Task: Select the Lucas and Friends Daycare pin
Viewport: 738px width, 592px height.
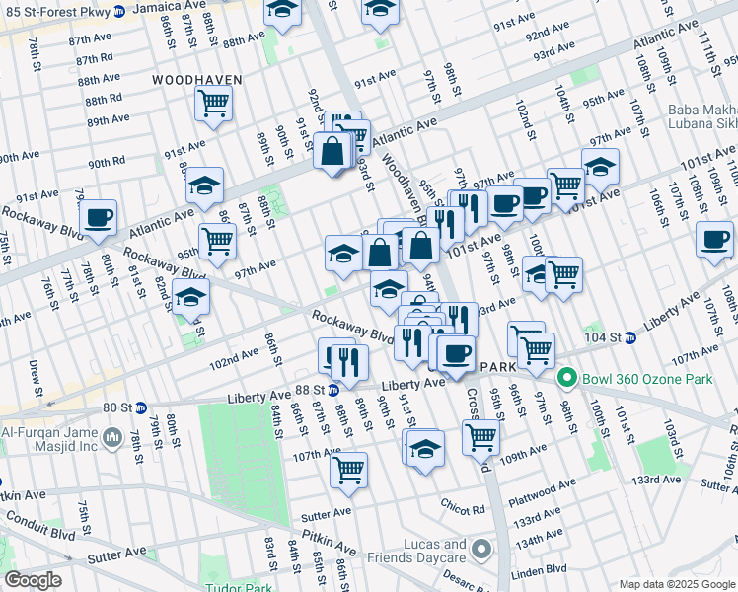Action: (x=480, y=548)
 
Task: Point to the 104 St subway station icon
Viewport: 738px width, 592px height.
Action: (x=629, y=336)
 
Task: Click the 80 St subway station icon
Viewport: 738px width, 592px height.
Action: (x=141, y=407)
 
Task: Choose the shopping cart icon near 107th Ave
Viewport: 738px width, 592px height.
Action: (x=348, y=470)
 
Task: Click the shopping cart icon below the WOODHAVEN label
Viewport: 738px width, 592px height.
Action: (x=213, y=102)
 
